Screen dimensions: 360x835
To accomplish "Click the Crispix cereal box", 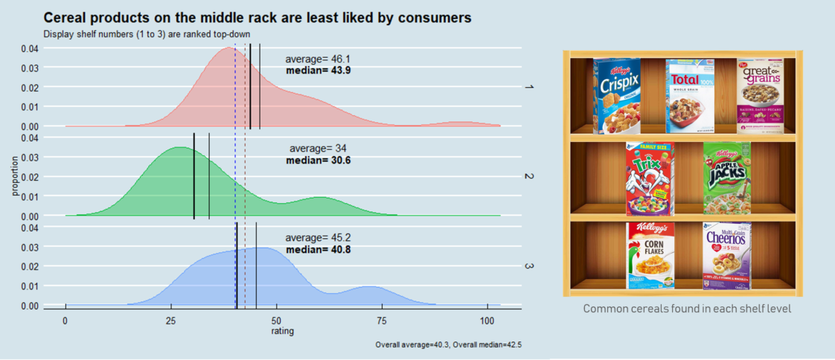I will pyautogui.click(x=617, y=97).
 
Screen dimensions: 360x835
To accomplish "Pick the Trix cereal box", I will pyautogui.click(x=650, y=179).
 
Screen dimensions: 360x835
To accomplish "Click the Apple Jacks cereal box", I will pyautogui.click(x=726, y=178).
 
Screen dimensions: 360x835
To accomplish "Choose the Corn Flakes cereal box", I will pyautogui.click(x=650, y=255).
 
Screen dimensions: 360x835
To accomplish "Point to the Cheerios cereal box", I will pyautogui.click(x=726, y=255).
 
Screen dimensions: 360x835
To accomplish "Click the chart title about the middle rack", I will pyautogui.click(x=257, y=17).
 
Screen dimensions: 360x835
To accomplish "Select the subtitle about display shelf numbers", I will pyautogui.click(x=147, y=33).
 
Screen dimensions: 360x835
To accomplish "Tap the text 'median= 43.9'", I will pyautogui.click(x=318, y=71).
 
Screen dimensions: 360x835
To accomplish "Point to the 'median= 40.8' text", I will pyautogui.click(x=318, y=249).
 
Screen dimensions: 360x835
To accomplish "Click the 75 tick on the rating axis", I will pyautogui.click(x=381, y=321).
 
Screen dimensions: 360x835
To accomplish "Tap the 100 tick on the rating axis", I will pyautogui.click(x=487, y=321).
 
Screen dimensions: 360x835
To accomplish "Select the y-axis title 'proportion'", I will pyautogui.click(x=14, y=177).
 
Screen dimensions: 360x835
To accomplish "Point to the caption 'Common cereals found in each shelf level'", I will pyautogui.click(x=686, y=308).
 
